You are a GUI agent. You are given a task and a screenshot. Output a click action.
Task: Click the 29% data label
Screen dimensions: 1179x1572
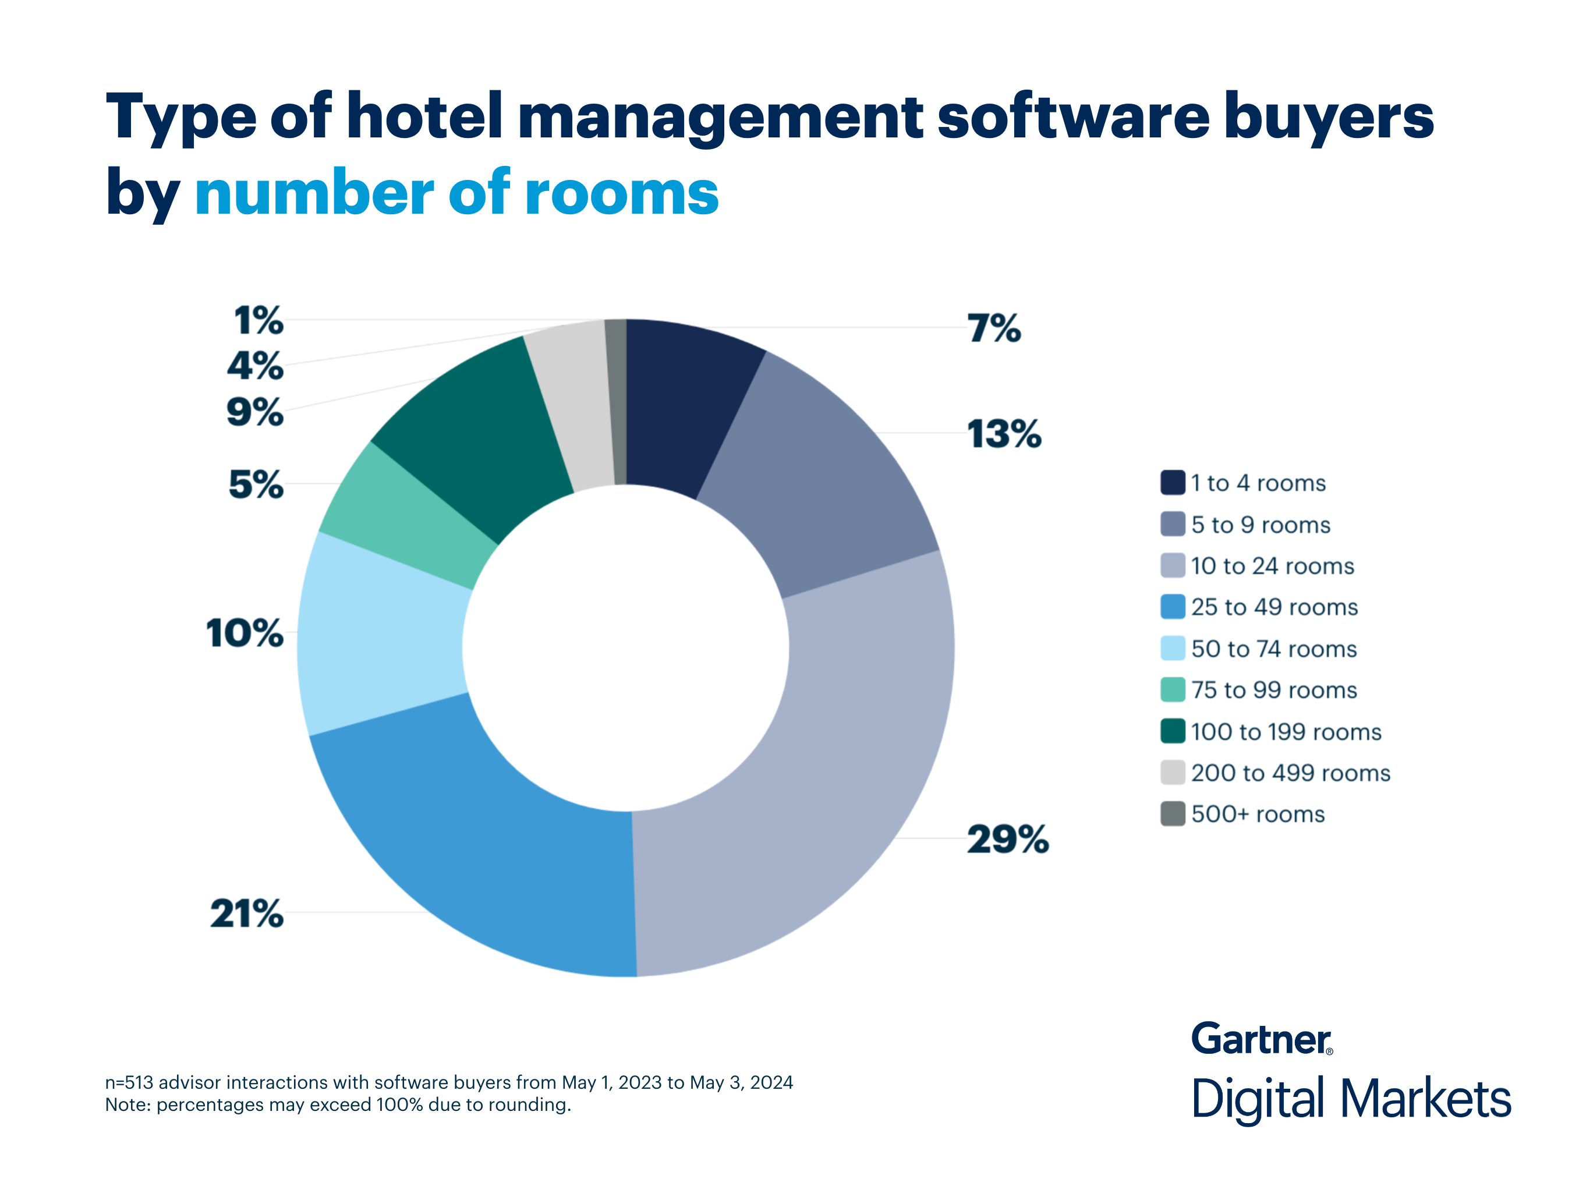point(1007,840)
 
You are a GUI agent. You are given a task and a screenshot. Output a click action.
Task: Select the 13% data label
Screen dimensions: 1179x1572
point(1004,434)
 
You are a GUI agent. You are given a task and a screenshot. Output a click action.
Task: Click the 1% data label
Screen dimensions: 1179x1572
point(259,320)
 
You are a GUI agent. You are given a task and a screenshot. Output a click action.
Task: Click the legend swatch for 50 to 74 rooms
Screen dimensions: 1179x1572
point(1173,648)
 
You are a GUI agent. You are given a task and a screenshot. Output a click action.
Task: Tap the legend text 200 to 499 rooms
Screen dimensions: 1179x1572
point(1290,773)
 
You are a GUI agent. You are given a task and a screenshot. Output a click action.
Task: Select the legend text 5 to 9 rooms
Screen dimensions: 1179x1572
point(1260,525)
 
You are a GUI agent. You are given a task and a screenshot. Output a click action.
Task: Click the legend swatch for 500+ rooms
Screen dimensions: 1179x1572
point(1173,814)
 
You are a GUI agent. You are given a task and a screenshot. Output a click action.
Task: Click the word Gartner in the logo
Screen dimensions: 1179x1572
point(1260,1039)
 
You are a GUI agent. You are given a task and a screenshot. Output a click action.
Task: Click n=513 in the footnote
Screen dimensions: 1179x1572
point(129,1082)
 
